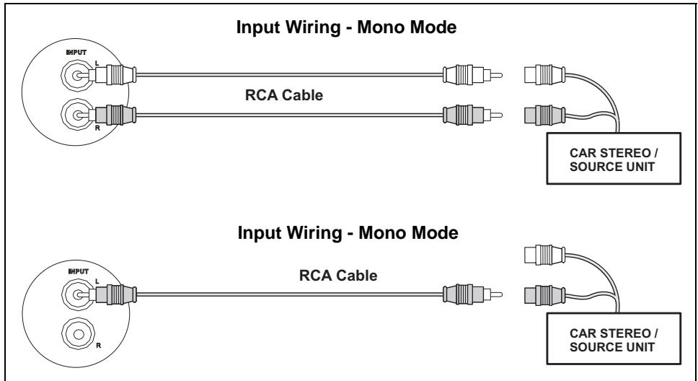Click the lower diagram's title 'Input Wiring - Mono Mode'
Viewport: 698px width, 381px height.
[348, 236]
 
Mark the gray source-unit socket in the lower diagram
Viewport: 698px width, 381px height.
[547, 294]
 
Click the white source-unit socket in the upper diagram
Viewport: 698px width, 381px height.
[547, 72]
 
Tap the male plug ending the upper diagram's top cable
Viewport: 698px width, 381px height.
[470, 72]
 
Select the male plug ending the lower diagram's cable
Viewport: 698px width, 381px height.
[470, 294]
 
